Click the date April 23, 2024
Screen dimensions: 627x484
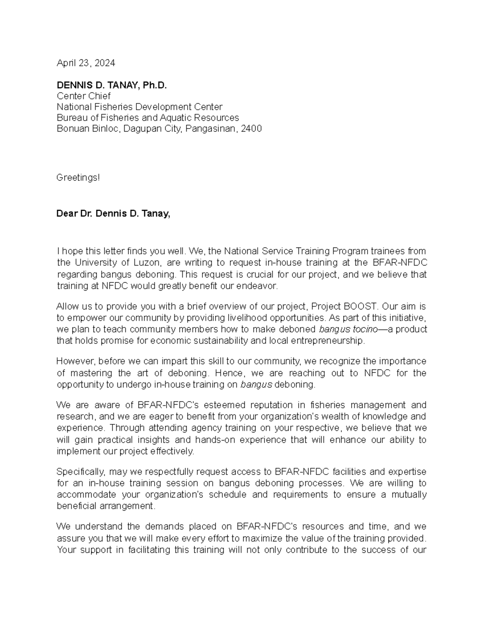click(x=86, y=63)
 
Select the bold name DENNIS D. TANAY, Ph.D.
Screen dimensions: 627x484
click(x=112, y=85)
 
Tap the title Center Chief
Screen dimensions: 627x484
click(x=83, y=96)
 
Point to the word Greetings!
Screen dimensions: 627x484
click(x=78, y=178)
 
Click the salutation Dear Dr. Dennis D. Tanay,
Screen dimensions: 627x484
click(x=113, y=214)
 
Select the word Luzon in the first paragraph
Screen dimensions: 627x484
click(x=147, y=263)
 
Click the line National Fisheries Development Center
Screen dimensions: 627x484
click(x=139, y=107)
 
